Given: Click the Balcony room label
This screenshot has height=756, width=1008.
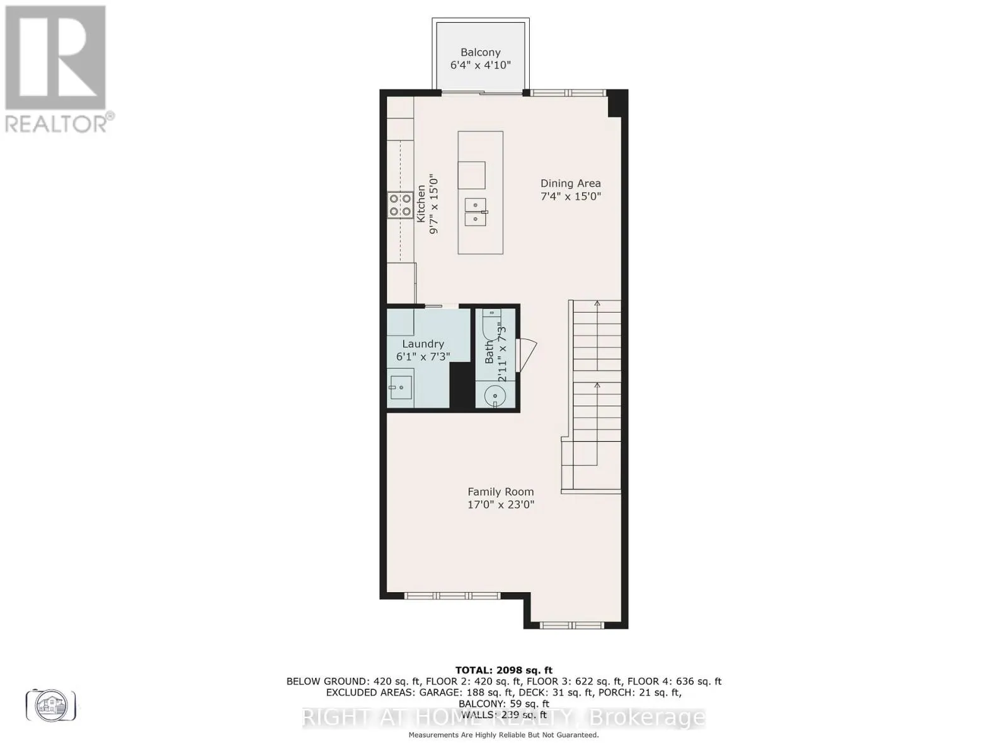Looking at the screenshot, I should point(480,53).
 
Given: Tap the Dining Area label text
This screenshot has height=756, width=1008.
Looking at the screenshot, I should point(570,183).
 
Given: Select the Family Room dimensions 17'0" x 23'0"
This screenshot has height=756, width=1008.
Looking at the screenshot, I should point(501,505).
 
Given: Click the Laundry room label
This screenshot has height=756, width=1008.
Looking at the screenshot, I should point(423,344).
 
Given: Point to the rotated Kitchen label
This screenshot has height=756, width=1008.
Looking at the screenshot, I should point(421,203).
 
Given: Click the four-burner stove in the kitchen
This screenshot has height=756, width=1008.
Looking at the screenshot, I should point(399,205).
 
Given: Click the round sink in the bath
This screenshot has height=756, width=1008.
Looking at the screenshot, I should point(495,397).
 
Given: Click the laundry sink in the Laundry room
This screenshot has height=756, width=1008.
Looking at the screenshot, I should point(400,387).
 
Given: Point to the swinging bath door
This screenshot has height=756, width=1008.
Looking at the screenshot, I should point(525,355).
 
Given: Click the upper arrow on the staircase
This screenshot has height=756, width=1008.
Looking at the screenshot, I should point(597,305).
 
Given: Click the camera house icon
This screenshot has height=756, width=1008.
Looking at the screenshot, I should point(51,704).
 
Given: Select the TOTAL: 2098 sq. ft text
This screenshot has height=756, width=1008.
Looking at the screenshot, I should point(503,670).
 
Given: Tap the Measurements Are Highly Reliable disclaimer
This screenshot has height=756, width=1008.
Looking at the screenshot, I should point(503,735).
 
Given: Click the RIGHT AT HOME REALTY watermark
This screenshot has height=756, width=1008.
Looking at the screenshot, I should point(503,718).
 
